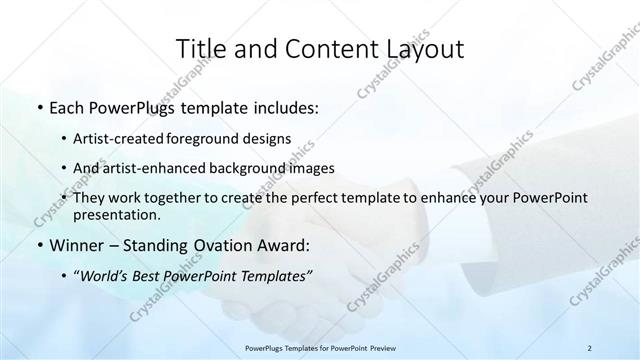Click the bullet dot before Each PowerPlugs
(x=39, y=105)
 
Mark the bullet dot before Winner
(x=39, y=246)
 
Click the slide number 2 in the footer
(x=589, y=347)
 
